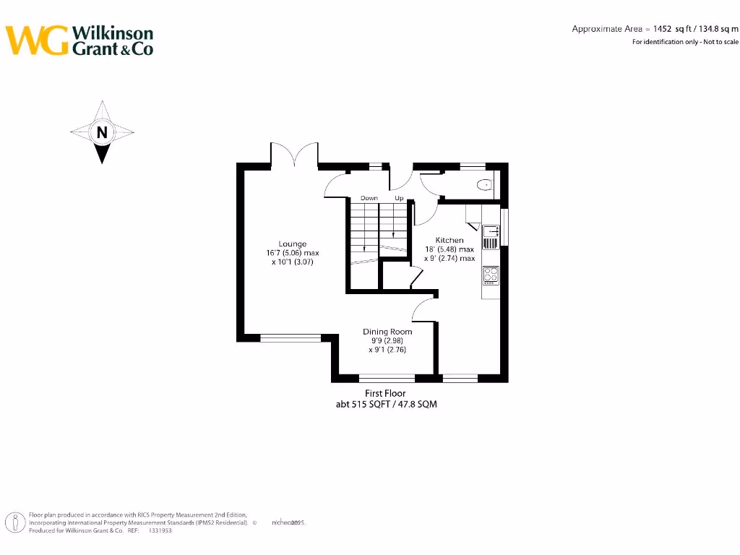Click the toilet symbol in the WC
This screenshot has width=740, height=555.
[484, 186]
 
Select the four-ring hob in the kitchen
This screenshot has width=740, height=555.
[491, 275]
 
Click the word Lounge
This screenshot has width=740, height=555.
[293, 244]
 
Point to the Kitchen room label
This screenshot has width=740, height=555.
[449, 240]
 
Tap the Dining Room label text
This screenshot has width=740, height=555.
[387, 332]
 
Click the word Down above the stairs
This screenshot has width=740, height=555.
[369, 198]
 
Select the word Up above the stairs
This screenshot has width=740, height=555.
[399, 198]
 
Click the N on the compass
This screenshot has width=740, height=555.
[102, 132]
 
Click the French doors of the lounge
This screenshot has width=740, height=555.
[294, 155]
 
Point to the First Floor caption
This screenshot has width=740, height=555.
[385, 394]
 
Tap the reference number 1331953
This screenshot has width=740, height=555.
[160, 530]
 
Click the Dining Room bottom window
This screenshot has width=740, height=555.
[387, 377]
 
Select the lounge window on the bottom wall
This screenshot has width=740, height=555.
[291, 337]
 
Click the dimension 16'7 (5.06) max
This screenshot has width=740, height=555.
[293, 254]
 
